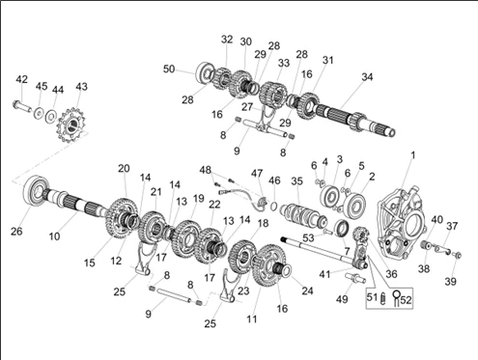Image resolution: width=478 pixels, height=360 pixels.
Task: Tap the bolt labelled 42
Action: [21, 105]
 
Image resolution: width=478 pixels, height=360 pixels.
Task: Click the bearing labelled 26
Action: [36, 192]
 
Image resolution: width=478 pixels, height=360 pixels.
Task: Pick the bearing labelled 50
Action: [205, 73]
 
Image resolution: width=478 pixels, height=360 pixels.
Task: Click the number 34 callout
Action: [367, 77]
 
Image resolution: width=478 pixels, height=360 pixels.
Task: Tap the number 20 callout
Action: [124, 168]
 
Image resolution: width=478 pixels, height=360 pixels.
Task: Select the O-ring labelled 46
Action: [273, 206]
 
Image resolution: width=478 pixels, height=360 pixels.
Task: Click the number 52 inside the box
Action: [406, 300]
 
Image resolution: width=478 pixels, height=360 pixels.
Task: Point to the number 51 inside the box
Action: [372, 297]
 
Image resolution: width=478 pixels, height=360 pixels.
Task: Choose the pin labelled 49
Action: [355, 278]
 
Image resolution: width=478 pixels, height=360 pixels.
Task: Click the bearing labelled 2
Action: [354, 204]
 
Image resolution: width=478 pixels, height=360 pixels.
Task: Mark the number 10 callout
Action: [54, 236]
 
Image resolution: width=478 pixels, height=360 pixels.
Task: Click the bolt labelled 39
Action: [457, 256]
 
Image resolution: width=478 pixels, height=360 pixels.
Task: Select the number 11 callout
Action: [252, 319]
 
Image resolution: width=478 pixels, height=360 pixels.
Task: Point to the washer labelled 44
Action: [51, 116]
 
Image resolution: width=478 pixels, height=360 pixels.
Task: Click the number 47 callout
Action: [257, 174]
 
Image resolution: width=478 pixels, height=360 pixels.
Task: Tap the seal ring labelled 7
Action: [342, 228]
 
